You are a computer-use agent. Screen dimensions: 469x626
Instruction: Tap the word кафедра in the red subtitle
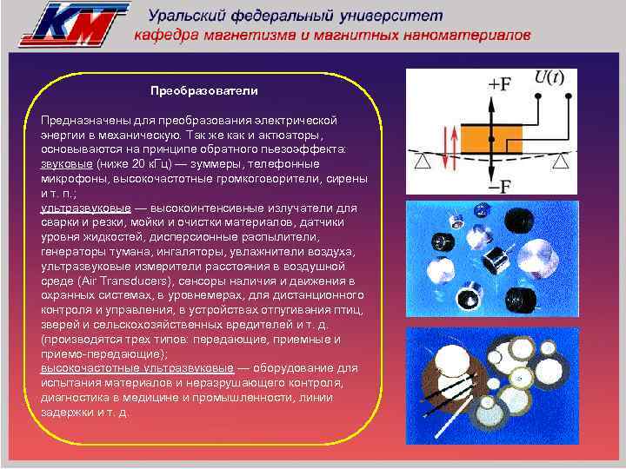168,36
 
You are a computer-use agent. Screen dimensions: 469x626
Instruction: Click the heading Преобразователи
203,90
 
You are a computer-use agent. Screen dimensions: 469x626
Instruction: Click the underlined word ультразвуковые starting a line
85,208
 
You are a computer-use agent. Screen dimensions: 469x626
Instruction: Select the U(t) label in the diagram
548,77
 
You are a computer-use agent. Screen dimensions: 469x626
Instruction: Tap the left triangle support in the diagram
421,162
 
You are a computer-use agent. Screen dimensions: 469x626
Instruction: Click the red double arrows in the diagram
448,149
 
